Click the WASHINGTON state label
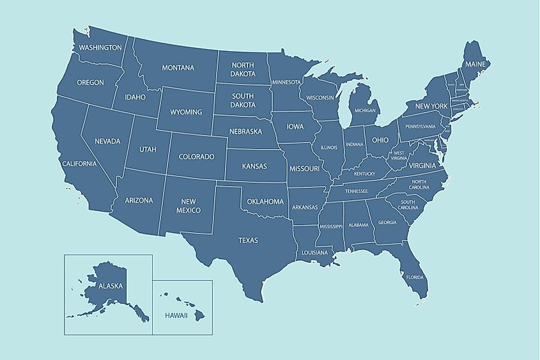(100, 47)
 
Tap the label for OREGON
(90, 82)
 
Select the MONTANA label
(178, 68)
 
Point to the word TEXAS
(248, 240)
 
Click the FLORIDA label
(415, 278)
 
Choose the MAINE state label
(475, 65)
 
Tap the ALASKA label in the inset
(110, 287)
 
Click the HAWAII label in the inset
(176, 316)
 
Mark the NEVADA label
(107, 141)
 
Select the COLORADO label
(196, 156)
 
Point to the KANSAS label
(254, 166)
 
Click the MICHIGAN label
(366, 110)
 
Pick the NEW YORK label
(431, 106)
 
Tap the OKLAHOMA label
(265, 201)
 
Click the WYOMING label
(186, 113)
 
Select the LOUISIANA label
(314, 253)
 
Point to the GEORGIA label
(387, 223)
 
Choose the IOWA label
(295, 127)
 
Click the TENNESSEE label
(357, 191)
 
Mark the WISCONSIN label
(320, 98)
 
